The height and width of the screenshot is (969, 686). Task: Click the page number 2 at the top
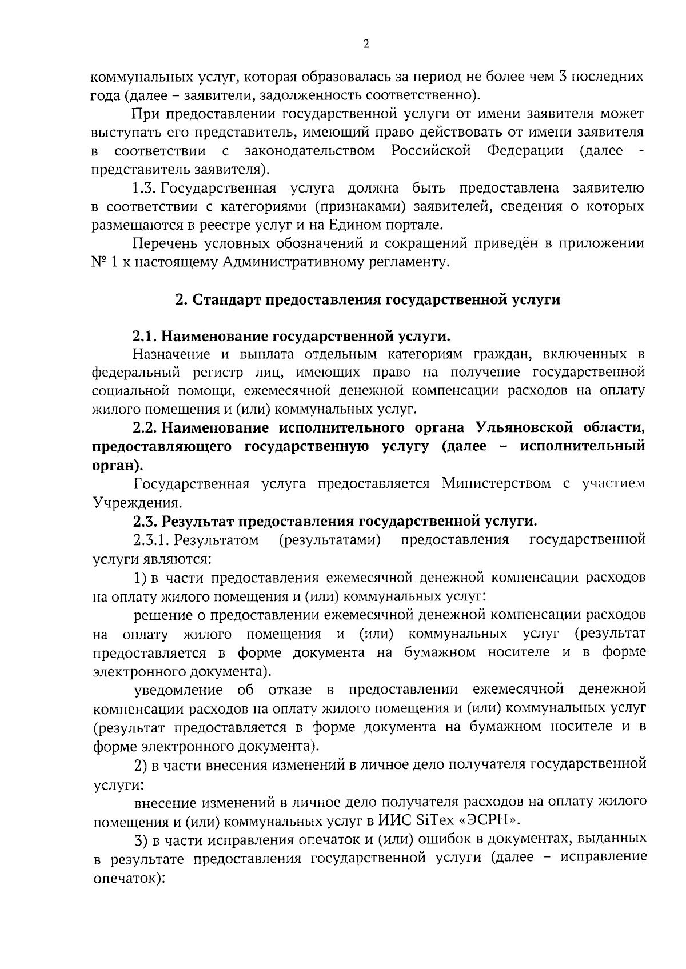coord(366,45)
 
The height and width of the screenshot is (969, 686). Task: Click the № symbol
coord(99,262)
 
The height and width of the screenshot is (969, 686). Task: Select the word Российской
coord(431,151)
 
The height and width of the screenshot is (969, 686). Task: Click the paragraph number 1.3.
coord(145,188)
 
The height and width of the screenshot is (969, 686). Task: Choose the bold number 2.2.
coord(145,428)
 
